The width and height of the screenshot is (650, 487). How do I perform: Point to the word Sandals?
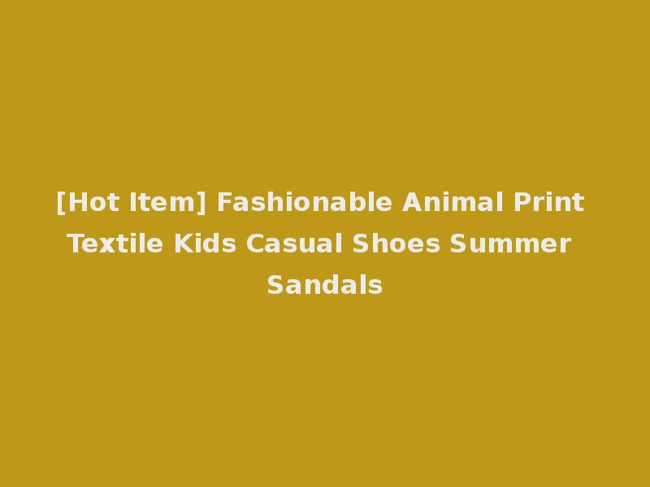[x=325, y=285]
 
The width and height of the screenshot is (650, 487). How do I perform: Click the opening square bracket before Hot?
[x=60, y=202]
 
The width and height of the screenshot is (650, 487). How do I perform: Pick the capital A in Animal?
[x=411, y=202]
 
